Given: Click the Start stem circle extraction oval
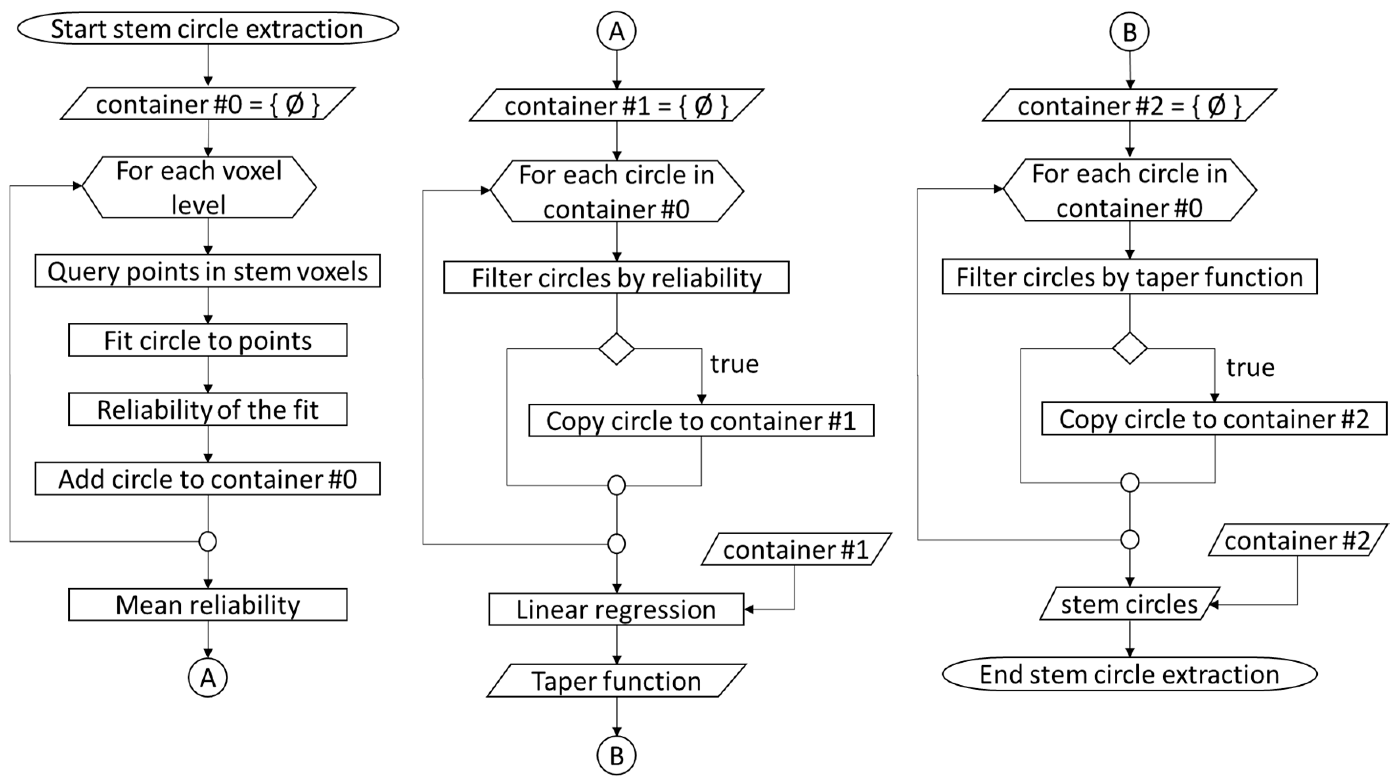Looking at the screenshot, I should pyautogui.click(x=208, y=28).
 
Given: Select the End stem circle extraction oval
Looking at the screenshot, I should pyautogui.click(x=1130, y=674).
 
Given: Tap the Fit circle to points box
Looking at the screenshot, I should pyautogui.click(x=208, y=340).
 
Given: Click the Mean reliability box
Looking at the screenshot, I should pyautogui.click(x=208, y=605).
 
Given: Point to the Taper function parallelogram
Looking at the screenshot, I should pyautogui.click(x=616, y=681).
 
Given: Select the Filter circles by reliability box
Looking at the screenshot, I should pyautogui.click(x=616, y=278).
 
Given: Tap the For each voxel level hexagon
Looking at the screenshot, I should pyautogui.click(x=199, y=188).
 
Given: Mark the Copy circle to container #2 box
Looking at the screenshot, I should pyautogui.click(x=1214, y=418).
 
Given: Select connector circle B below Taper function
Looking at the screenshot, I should pyautogui.click(x=616, y=755).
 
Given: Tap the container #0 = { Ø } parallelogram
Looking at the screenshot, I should pyautogui.click(x=208, y=104).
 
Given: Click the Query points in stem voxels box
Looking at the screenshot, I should pyautogui.click(x=208, y=271).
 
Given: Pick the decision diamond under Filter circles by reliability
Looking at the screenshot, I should pyautogui.click(x=616, y=349).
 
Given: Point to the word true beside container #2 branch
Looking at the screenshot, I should pyautogui.click(x=1250, y=367).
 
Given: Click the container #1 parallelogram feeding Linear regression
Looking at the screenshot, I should pyautogui.click(x=796, y=549).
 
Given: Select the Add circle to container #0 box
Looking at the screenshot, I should pyautogui.click(x=208, y=479).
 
